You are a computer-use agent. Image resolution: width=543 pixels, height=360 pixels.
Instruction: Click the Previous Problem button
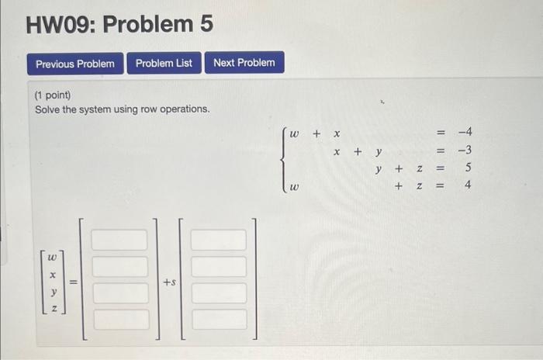[74, 63]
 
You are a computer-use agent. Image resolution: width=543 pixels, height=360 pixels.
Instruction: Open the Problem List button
[164, 63]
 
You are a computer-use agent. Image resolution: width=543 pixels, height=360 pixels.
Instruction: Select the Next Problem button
[244, 63]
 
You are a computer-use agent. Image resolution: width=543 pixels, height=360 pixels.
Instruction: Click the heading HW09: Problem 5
[119, 25]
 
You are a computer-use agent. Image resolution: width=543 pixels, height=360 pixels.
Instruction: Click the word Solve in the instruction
[48, 109]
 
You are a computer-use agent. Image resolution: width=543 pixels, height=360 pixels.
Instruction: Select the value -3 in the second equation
[465, 151]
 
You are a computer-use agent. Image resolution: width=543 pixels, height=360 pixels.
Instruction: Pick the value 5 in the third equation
[468, 168]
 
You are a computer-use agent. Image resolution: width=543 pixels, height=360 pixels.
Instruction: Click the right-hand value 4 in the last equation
[468, 185]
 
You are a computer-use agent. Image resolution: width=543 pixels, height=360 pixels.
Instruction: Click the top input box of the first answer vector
[119, 240]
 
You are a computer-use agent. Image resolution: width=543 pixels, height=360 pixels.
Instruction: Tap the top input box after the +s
[219, 240]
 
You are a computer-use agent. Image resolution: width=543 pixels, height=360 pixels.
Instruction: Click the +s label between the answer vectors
[169, 283]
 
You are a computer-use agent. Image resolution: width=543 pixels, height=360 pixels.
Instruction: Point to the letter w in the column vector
[52, 256]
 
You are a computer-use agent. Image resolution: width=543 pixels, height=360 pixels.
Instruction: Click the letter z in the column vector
[52, 308]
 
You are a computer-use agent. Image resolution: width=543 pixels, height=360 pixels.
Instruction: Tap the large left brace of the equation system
[285, 160]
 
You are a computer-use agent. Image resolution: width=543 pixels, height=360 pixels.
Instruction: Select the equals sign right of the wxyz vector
[73, 283]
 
